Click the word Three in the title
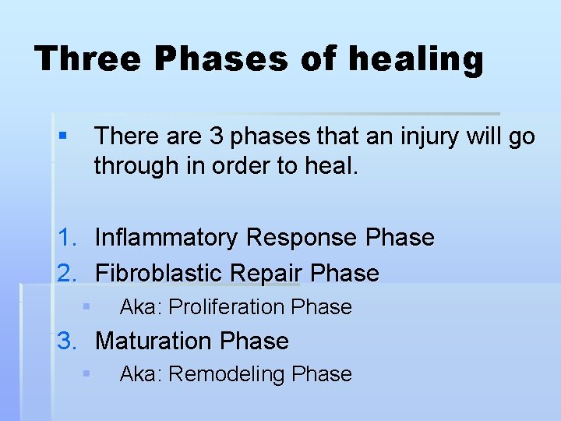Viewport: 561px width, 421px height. [x=86, y=58]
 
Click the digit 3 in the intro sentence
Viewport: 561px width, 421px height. [x=217, y=136]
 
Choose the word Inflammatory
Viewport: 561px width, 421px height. [x=166, y=238]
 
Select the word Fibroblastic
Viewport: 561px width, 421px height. [x=160, y=273]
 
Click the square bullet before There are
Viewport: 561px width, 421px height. [x=62, y=137]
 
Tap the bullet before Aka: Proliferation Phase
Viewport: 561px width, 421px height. [x=87, y=307]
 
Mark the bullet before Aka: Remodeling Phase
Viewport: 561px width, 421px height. [x=87, y=374]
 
